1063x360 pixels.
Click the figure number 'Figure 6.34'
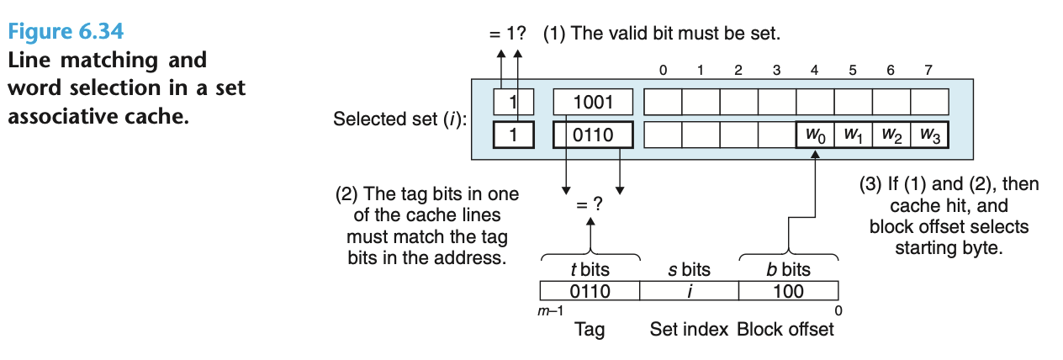[66, 33]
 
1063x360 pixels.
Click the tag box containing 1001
[593, 103]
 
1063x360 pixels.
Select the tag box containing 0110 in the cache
[593, 135]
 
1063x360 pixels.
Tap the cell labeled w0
[815, 135]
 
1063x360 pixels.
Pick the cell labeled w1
[853, 135]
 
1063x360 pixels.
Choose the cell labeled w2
[891, 135]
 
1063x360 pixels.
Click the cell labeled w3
[929, 135]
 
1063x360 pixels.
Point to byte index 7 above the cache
[928, 71]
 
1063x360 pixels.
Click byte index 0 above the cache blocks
[664, 71]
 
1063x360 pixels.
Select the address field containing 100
[788, 292]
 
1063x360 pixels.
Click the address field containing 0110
[589, 292]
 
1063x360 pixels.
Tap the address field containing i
[689, 292]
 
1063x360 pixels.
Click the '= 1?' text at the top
[507, 35]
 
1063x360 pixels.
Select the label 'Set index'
[689, 329]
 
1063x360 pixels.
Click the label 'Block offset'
[785, 329]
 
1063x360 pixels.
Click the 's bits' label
[689, 270]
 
